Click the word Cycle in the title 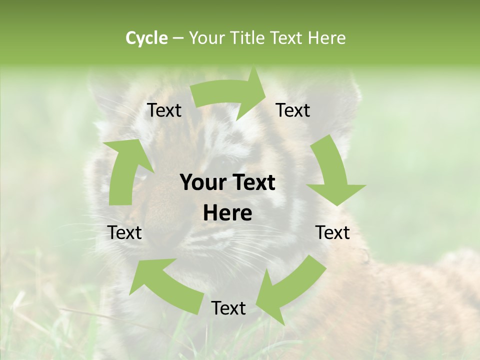coord(146,38)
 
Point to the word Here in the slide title coord(327,38)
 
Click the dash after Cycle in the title coord(178,38)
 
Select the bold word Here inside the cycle coord(227,213)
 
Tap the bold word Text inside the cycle coord(253,183)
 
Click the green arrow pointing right coord(230,95)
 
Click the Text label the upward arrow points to coord(164,110)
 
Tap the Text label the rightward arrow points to coord(293,110)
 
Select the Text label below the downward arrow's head coord(332,232)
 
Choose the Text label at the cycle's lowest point coord(228,308)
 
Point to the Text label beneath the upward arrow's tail coord(124,232)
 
